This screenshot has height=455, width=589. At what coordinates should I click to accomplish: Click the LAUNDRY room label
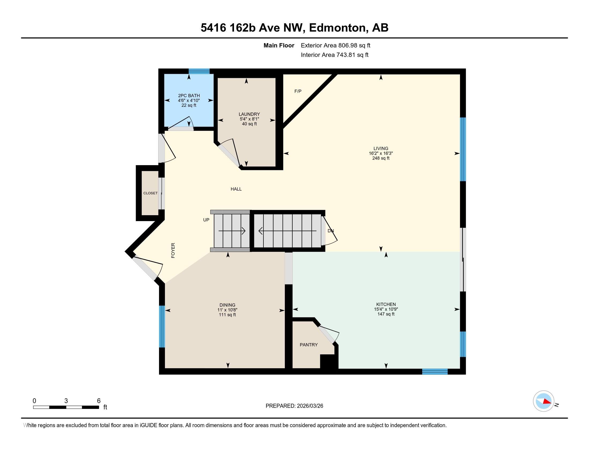click(x=249, y=114)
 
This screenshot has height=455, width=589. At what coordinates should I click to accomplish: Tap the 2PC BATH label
click(x=189, y=96)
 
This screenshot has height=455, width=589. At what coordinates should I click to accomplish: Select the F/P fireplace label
click(x=298, y=91)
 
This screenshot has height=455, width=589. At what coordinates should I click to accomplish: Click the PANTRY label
click(x=309, y=345)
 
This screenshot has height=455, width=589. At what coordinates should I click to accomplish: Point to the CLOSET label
click(x=150, y=193)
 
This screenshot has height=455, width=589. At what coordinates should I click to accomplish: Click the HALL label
click(x=236, y=189)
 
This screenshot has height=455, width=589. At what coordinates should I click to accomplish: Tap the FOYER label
click(x=173, y=251)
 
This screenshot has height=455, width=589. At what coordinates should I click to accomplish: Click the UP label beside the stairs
click(x=206, y=220)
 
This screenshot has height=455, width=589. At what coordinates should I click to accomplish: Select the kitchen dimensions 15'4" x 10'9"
click(x=386, y=309)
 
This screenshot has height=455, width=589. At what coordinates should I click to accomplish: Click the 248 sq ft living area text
click(x=381, y=158)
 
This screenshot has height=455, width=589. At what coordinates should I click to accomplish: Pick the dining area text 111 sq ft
click(x=227, y=315)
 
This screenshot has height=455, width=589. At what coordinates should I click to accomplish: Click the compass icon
click(x=544, y=401)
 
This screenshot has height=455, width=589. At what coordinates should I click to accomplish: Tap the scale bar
click(x=66, y=407)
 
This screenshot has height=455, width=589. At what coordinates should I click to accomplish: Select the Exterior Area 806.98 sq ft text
click(x=335, y=45)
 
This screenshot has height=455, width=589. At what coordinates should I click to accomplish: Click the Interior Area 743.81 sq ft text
click(x=334, y=55)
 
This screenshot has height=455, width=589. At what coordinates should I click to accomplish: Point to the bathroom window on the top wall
click(x=199, y=71)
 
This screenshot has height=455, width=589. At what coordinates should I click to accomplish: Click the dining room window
click(x=162, y=327)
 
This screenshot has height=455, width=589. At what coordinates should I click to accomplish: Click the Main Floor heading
click(x=279, y=45)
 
